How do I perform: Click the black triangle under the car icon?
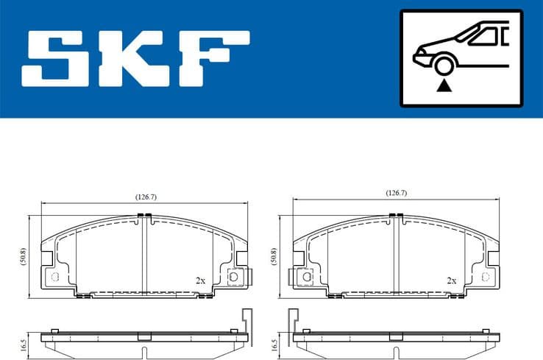coord(443,87)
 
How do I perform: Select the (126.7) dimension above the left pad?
coord(145,197)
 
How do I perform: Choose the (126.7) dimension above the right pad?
coord(396,193)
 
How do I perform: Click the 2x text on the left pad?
coord(200,280)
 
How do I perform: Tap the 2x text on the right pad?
coord(451,280)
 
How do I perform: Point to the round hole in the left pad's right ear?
coord(233,277)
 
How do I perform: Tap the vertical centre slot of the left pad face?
coord(145,254)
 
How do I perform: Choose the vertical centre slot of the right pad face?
coord(396,254)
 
